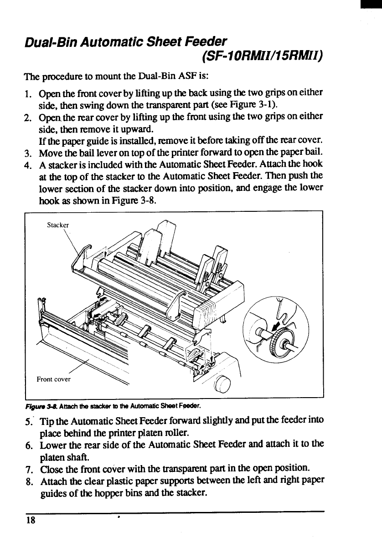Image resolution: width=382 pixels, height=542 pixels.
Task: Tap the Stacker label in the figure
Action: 59,225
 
